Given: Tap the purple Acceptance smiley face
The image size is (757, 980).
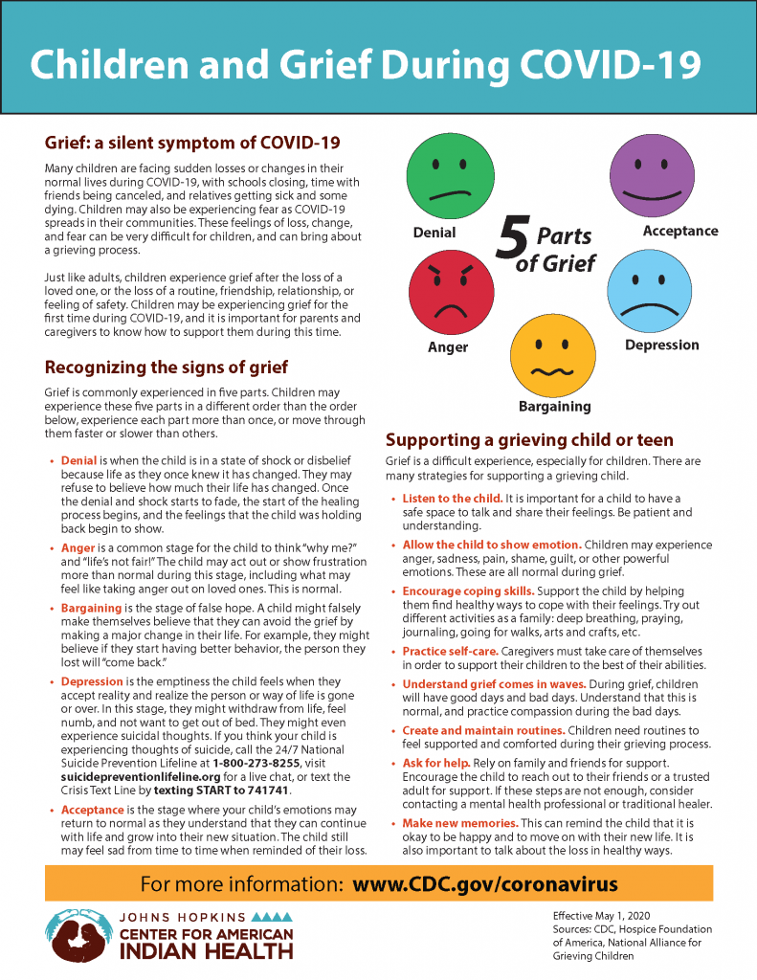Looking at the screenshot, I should (x=650, y=177).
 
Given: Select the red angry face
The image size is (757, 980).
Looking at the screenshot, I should (x=448, y=291).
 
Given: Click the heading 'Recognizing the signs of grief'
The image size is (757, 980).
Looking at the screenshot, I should (x=167, y=367).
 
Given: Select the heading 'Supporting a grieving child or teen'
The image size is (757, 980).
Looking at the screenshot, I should (x=529, y=440).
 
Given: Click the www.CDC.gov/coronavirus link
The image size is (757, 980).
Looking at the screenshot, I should (x=485, y=883).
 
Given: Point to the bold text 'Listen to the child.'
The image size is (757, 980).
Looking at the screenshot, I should (x=452, y=499).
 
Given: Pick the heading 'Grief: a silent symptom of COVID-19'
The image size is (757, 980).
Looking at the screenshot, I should (x=192, y=143).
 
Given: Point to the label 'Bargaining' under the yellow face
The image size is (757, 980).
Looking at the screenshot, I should (x=554, y=406).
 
